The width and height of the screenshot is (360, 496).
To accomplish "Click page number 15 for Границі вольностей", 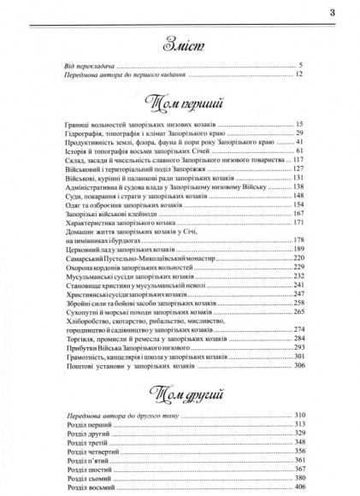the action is coord(299,126).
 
